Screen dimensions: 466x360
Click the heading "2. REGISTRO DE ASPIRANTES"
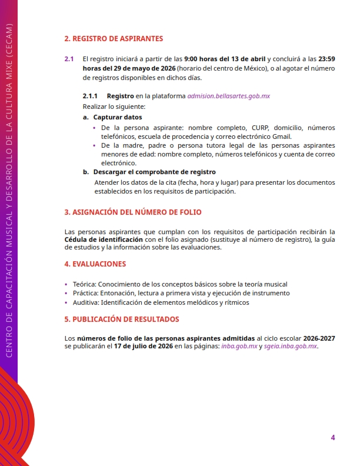[114, 39]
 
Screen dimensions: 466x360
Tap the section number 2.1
[69, 59]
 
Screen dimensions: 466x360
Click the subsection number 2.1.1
[91, 95]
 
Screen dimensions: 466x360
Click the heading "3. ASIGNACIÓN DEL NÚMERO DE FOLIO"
[136, 211]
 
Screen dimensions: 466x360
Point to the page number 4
[333, 437]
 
